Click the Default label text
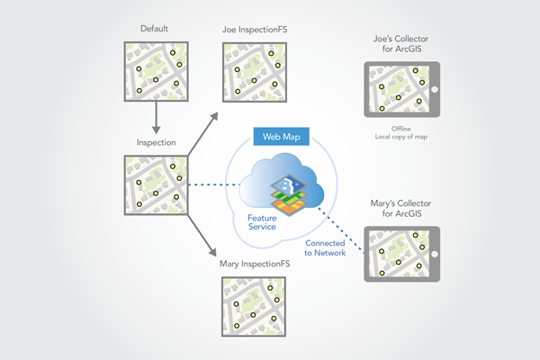point(155,30)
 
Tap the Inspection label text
point(156,142)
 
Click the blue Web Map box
point(282,137)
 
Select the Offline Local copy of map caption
point(401,133)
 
